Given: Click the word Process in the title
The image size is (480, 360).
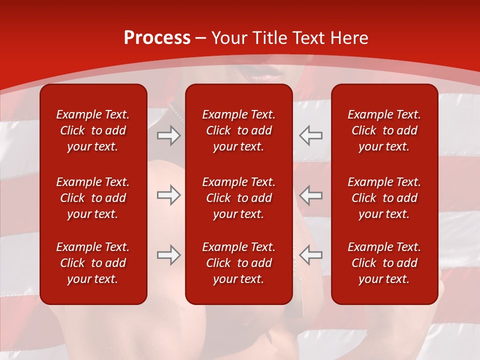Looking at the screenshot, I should click(x=157, y=38).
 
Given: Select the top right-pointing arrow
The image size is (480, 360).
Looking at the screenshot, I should click(x=168, y=135).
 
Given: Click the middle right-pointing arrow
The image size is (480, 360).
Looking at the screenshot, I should click(x=168, y=195).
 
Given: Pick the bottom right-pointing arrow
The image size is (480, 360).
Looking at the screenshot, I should click(x=168, y=255).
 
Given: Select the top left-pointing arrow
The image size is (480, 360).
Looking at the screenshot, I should click(x=311, y=135).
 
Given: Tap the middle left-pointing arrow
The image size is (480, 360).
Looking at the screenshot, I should click(x=311, y=195).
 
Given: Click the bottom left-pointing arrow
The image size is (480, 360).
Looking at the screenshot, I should click(x=311, y=255).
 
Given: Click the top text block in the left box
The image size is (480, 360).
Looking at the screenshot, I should click(x=93, y=130).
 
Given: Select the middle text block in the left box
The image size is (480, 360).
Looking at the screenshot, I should click(x=93, y=198).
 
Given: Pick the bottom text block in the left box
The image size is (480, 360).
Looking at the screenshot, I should click(x=93, y=263).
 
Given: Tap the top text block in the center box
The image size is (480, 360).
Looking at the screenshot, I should click(x=238, y=130).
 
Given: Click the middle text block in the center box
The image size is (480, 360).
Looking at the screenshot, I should click(x=238, y=198).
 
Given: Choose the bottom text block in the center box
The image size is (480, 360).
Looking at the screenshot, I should click(x=238, y=263).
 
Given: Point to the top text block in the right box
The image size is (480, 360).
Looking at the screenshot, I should click(x=384, y=130).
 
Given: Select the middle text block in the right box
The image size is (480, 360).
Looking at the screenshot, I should click(x=384, y=198).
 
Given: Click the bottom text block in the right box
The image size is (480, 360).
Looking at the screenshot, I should click(x=384, y=263).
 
